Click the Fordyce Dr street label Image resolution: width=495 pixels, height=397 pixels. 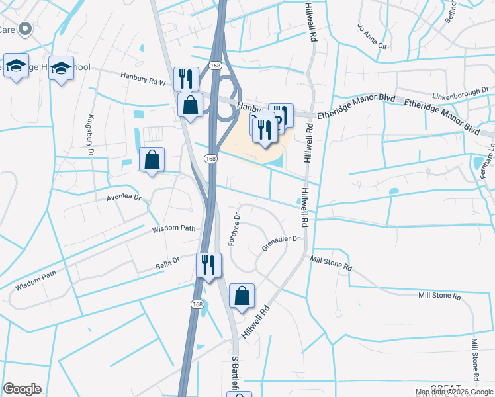(234, 229)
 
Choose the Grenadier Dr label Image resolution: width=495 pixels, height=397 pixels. (281, 243)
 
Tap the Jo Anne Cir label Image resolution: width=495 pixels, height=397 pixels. (371, 37)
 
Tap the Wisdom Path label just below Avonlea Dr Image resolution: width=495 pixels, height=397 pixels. (174, 228)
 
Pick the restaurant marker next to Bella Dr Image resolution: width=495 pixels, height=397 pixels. (208, 265)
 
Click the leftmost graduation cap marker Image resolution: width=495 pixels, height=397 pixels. (17, 66)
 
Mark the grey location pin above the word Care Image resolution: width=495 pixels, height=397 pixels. (26, 30)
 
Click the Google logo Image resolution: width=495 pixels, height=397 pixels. (22, 389)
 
